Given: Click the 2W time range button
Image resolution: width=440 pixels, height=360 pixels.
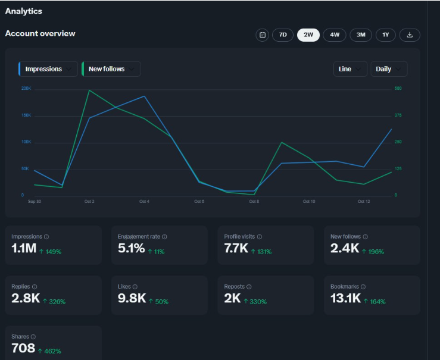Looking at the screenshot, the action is coord(308,35).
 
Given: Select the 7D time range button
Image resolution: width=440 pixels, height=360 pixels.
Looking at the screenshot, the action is coord(283,35).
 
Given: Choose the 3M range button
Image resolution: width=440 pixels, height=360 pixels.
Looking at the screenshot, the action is coord(361,35).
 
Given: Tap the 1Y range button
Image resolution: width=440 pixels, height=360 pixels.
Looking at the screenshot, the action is coord(386,35).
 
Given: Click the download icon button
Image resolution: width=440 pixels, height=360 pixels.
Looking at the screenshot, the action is coord(410,35).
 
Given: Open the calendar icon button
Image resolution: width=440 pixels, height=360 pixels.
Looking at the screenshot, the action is coord(263,35).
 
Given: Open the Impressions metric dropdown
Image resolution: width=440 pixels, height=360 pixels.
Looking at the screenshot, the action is coord(48,69).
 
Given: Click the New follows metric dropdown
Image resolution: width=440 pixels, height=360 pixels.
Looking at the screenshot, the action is coord(111,69).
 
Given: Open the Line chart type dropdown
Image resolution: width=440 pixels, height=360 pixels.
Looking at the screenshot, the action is coord(350,69).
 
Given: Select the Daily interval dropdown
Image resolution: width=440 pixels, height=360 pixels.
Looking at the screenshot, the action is coord(389,69).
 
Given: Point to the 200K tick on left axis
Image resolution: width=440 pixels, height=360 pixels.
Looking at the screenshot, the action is coord(26,88).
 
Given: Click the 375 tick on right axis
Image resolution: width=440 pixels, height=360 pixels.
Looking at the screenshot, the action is coord(398,115).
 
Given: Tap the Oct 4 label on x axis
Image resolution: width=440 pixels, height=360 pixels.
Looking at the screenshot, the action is coord(144,201).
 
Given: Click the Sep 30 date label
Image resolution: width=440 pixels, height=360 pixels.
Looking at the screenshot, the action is coord(35,201).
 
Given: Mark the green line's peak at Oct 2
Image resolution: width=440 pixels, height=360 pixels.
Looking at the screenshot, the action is coord(89,90).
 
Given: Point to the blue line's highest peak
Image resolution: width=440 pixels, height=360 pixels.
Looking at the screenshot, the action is coord(144,96).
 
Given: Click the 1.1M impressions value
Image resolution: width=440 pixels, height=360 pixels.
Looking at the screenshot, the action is coord(24,248).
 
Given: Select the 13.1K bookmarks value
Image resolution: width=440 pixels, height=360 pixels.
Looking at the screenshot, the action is coord(345,298).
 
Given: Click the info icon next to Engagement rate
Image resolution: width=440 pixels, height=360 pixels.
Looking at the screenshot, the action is coord(164,237).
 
